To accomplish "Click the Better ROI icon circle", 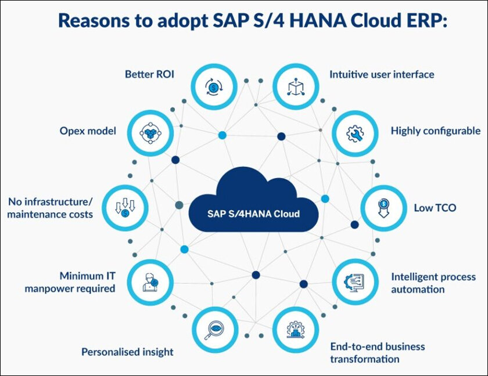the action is (x=214, y=86).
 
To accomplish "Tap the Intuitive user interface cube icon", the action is (x=296, y=86).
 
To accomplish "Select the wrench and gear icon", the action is (x=355, y=133).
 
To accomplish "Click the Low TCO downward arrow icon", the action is (x=383, y=208).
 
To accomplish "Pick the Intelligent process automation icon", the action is (x=355, y=282).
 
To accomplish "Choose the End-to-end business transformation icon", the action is (x=296, y=330).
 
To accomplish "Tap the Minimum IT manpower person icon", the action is (x=150, y=282).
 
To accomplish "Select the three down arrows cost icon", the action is (x=125, y=208).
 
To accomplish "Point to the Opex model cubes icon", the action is (x=150, y=133).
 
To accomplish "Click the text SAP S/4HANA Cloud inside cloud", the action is (x=253, y=214).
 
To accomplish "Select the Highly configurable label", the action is (x=435, y=131).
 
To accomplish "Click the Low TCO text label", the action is (x=435, y=208).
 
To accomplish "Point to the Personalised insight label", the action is (x=127, y=352).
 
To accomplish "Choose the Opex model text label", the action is (x=88, y=131).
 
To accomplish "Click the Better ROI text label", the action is (x=149, y=74).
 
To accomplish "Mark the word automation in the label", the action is (x=418, y=290).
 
